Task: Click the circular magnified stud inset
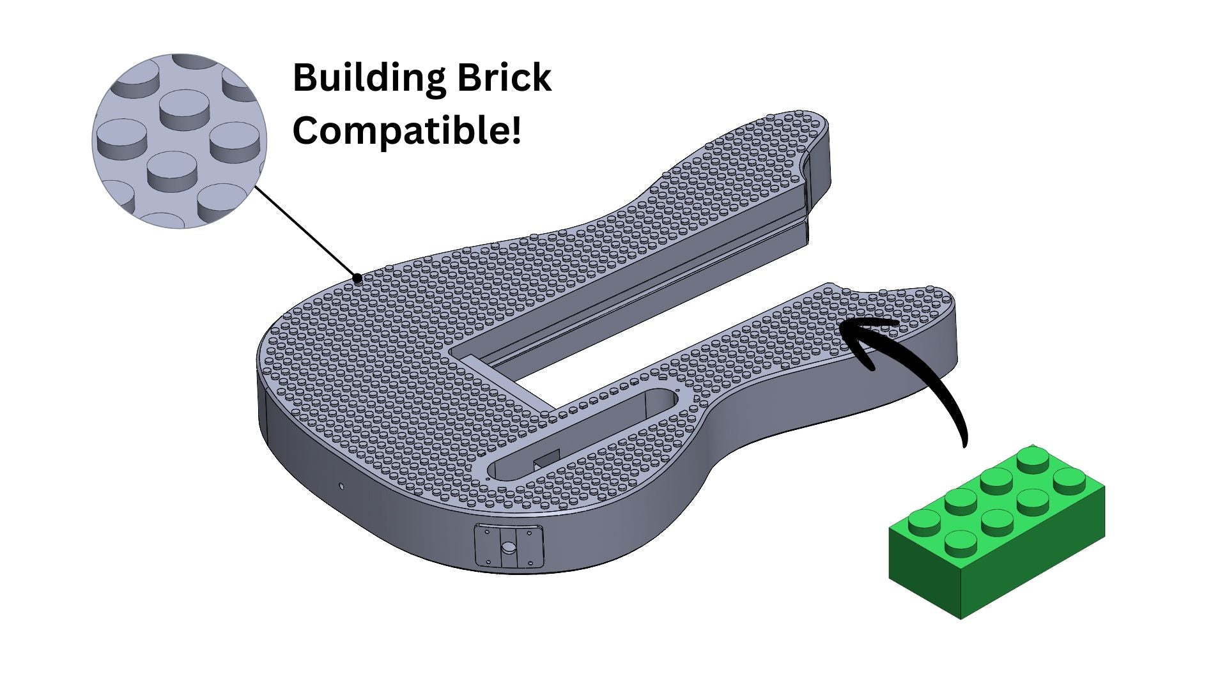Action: [x=179, y=141]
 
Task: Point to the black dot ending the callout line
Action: [x=359, y=278]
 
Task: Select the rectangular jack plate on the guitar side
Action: [x=509, y=547]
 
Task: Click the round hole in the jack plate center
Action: [x=509, y=548]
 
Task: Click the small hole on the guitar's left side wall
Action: [x=342, y=486]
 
